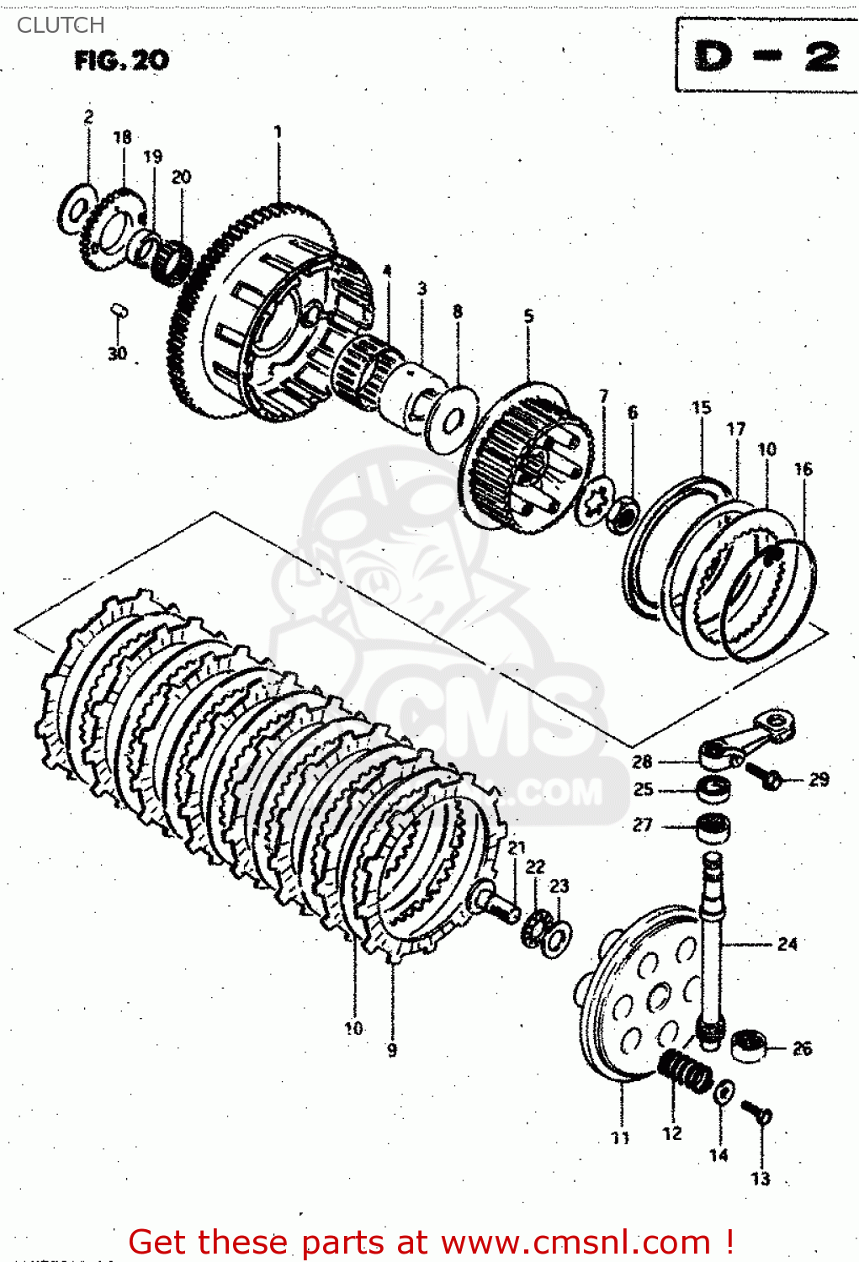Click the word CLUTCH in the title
click(61, 25)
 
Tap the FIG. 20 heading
click(121, 61)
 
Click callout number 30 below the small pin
click(117, 353)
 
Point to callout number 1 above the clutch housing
click(278, 132)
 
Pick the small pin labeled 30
click(119, 312)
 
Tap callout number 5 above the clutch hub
click(528, 316)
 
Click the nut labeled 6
click(623, 512)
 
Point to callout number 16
click(803, 469)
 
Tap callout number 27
click(643, 825)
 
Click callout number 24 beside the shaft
click(787, 944)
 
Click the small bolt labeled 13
click(758, 1113)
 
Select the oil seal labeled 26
click(747, 1046)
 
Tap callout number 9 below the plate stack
click(392, 1049)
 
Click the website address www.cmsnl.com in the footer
click(575, 1242)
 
